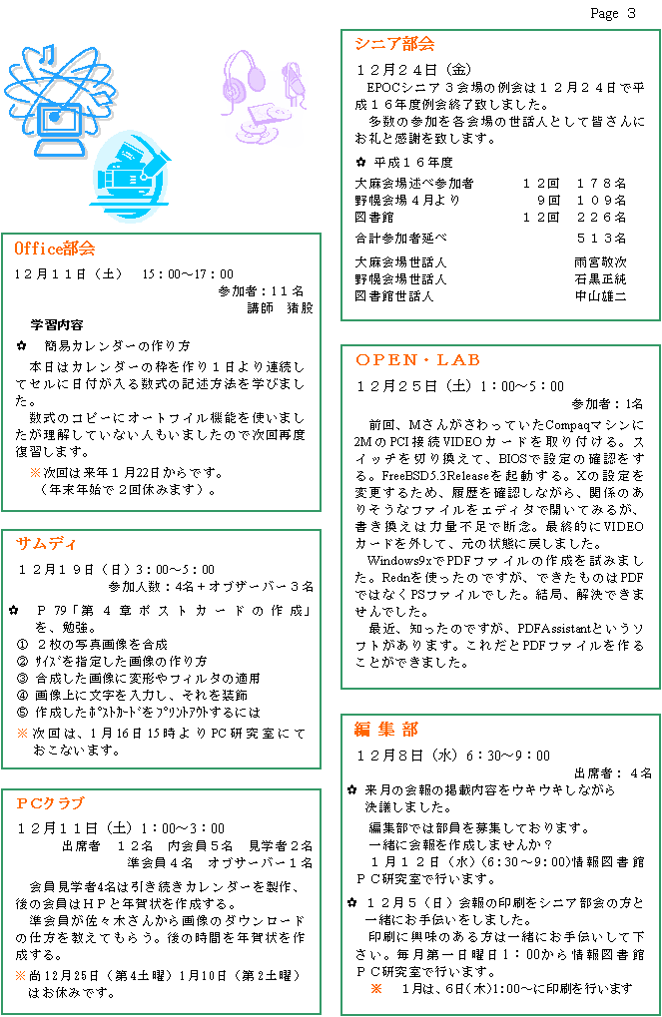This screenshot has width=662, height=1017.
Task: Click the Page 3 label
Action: pos(613,13)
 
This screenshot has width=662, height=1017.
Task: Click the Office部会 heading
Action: pos(55,249)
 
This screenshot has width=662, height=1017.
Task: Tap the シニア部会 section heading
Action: pos(394,44)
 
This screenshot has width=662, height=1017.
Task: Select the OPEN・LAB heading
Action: pos(418,360)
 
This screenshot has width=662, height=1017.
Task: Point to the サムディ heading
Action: pos(46,544)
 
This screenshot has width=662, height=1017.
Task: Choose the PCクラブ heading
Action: pos(51,803)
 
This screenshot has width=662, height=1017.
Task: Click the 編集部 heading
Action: pos(386,729)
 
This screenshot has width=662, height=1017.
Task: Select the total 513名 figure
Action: pos(602,239)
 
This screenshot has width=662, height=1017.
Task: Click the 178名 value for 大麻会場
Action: pos(602,184)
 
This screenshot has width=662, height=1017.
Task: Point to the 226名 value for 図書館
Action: pos(602,218)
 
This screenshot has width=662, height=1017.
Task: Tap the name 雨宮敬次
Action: pos(600,262)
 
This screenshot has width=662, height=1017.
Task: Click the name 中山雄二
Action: pos(600,295)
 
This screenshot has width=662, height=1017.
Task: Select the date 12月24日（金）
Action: pos(414,70)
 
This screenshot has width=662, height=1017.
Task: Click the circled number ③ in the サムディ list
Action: pos(23,678)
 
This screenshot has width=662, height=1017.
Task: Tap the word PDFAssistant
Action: pos(554,629)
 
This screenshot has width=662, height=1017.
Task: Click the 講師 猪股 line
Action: pos(280,307)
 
